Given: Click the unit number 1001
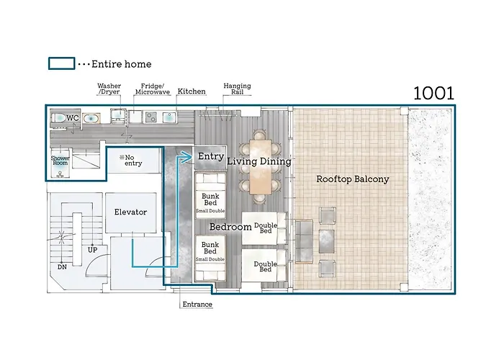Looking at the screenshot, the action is (433, 94).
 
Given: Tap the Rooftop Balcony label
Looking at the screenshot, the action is (353, 179).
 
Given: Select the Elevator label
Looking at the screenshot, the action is (130, 212).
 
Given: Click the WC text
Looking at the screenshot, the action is (73, 118).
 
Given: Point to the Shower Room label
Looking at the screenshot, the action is (60, 161).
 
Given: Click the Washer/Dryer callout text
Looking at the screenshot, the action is (109, 89).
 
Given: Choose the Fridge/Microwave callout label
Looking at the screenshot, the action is (153, 89).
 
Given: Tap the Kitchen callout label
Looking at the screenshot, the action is (192, 91).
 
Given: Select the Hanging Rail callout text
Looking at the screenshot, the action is (237, 89).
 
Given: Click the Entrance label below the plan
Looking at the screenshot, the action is (197, 304).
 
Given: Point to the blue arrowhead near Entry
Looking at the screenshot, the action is (186, 157).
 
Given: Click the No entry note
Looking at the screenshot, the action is (130, 160).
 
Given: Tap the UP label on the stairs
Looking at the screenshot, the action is (93, 250).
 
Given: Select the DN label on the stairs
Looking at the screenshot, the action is (63, 267).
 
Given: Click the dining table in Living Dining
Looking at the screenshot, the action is (261, 166).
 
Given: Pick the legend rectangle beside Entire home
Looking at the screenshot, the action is (61, 63).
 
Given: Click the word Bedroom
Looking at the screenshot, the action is (230, 227).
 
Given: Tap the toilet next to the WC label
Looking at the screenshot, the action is (59, 117).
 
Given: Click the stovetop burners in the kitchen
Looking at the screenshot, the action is (150, 117).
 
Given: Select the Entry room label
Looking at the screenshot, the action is (211, 156).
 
